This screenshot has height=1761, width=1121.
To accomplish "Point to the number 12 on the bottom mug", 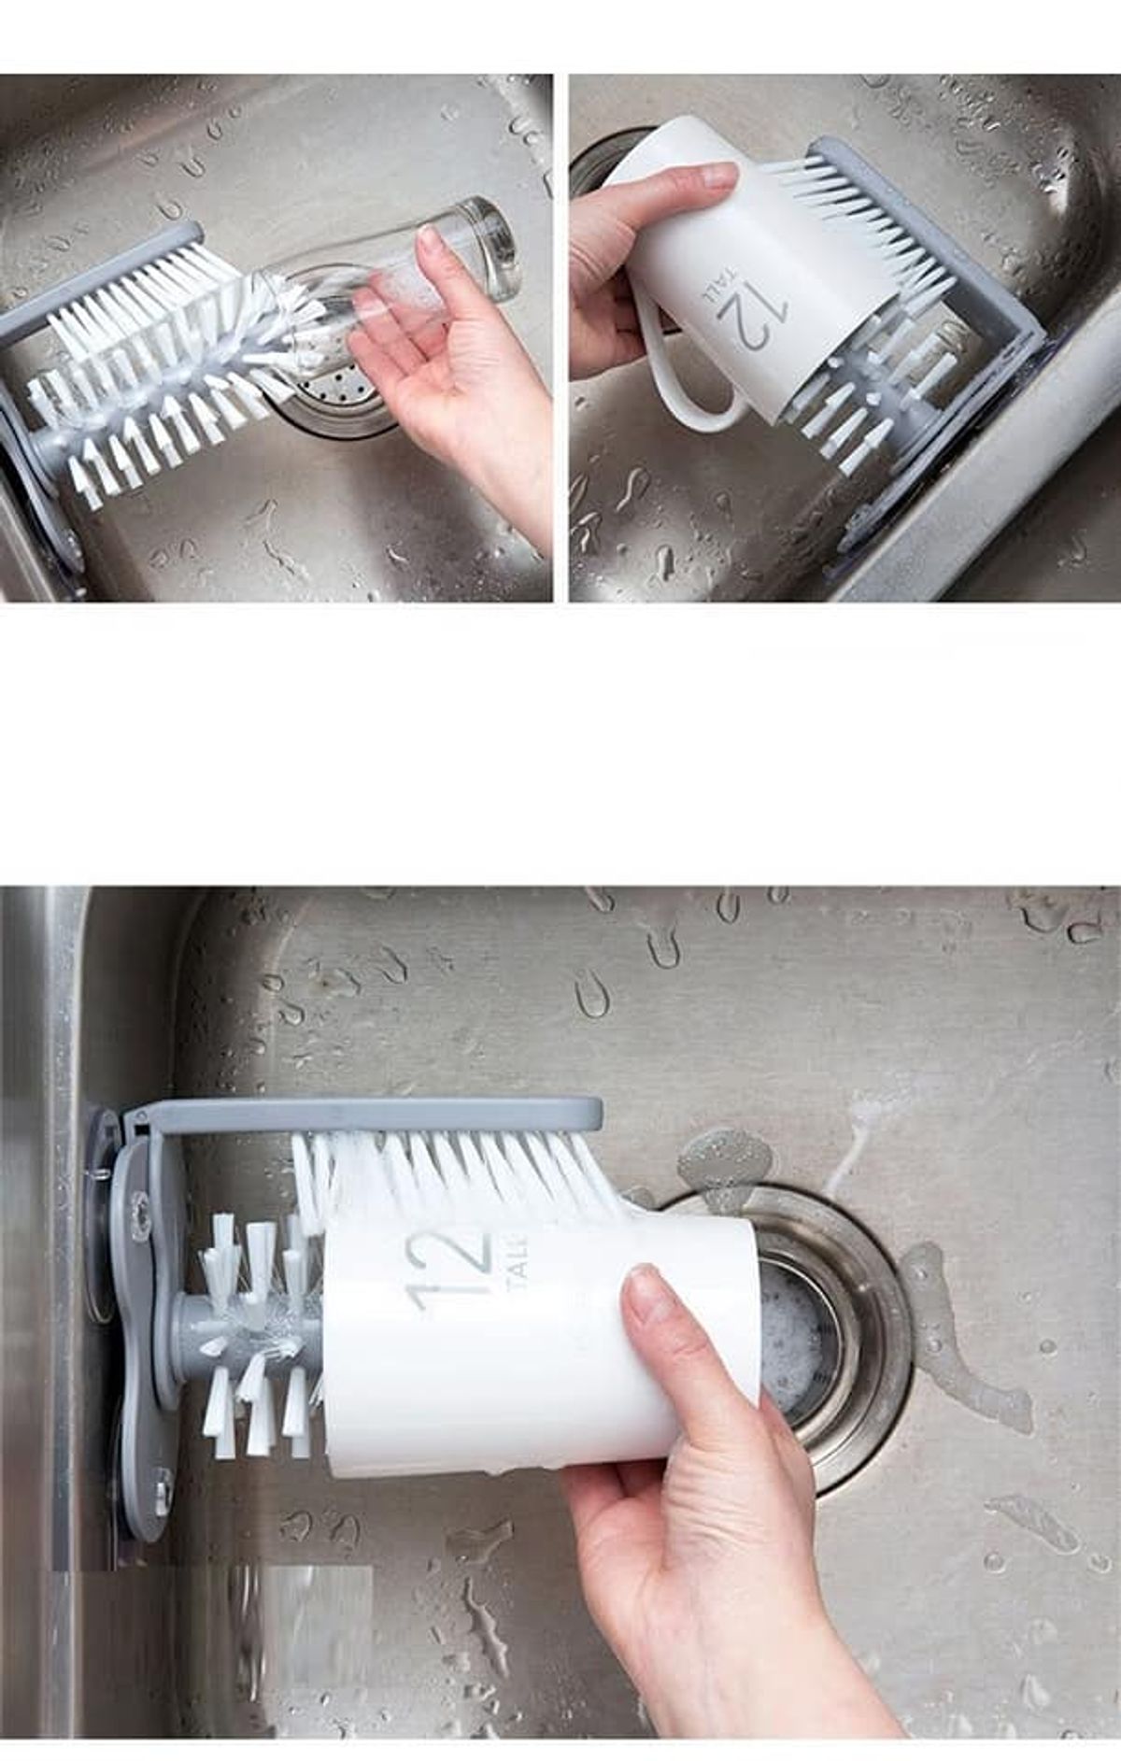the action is coord(448,1267).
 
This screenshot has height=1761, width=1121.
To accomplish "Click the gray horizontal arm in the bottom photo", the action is coord(364,1113).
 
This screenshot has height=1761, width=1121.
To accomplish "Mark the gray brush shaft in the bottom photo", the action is coord(206,1328).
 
